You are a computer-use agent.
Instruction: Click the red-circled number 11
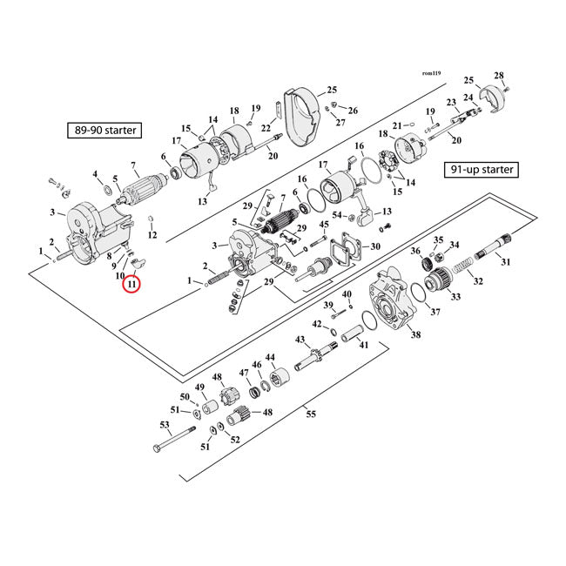click(x=131, y=284)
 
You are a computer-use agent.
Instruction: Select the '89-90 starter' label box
click(x=104, y=131)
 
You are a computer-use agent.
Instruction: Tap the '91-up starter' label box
click(x=480, y=169)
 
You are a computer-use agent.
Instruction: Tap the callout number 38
click(x=415, y=335)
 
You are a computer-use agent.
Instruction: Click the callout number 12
click(x=152, y=235)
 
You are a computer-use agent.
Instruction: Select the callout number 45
click(x=325, y=226)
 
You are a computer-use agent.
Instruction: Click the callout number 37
click(x=435, y=311)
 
